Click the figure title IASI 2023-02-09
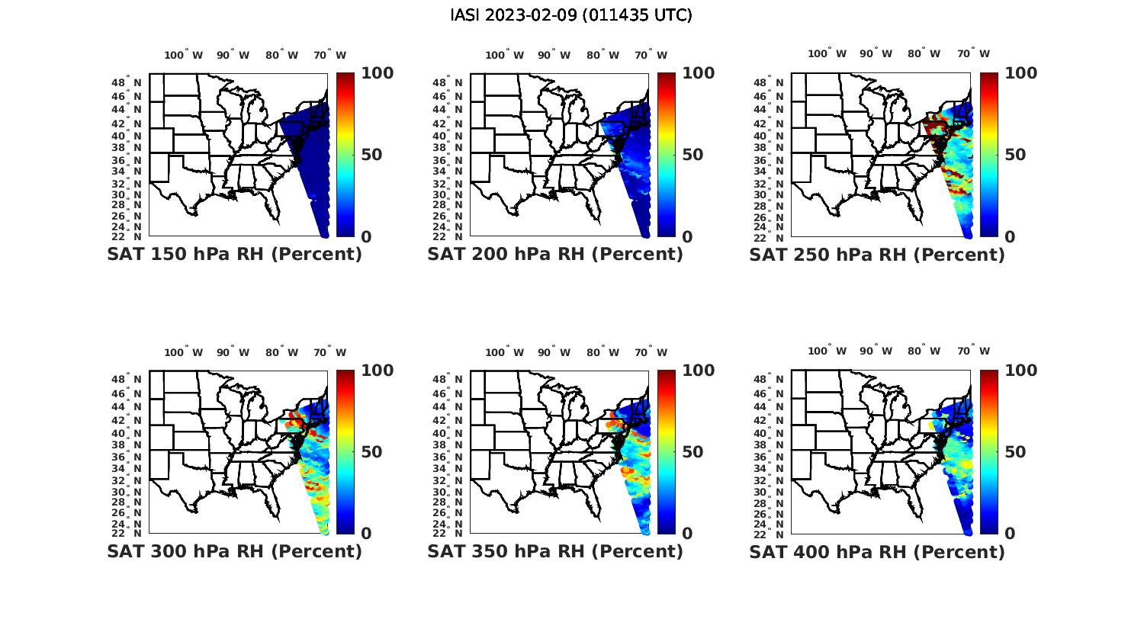(x=571, y=15)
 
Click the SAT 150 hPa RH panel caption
(x=234, y=255)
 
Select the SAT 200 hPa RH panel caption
(x=555, y=255)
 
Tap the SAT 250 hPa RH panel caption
(x=877, y=255)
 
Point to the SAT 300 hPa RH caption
(x=234, y=551)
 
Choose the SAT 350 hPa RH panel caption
(x=555, y=551)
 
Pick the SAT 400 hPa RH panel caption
(x=877, y=551)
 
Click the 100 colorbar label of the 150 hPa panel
(x=377, y=73)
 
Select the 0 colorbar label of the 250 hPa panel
(x=1010, y=236)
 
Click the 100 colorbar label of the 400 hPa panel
(x=1020, y=371)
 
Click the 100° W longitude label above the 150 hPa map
(x=184, y=55)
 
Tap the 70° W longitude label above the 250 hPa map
(x=974, y=53)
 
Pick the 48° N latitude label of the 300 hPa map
(x=127, y=379)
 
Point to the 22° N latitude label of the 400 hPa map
(x=770, y=533)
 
